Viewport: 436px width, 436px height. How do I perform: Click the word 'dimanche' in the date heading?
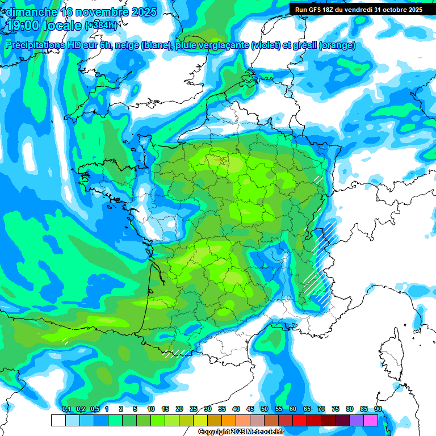tap(31, 12)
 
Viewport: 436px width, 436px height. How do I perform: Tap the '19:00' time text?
tap(25, 26)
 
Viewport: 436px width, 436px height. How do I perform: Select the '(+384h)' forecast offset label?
tap(100, 26)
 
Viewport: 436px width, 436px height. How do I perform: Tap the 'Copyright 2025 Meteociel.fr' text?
tap(240, 432)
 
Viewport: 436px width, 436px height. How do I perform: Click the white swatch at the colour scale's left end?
tap(58, 420)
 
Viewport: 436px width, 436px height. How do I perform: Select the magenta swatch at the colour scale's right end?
tap(371, 420)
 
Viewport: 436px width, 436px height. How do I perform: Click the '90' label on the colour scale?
tap(378, 409)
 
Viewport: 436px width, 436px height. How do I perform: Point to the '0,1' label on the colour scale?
tap(66, 409)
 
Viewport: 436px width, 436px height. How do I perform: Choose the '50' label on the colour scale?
tap(265, 409)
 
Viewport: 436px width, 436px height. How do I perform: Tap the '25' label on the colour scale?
tap(194, 409)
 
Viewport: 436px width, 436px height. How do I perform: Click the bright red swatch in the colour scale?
tap(300, 420)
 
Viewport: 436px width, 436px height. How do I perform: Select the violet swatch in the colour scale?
tap(357, 420)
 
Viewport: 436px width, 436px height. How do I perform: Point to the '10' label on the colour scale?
tap(151, 409)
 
